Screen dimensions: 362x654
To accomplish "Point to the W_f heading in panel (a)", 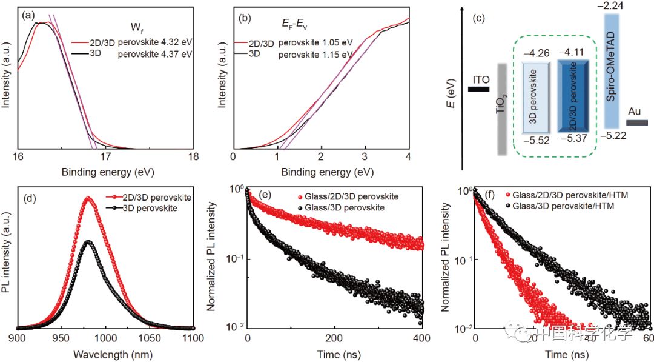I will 136,27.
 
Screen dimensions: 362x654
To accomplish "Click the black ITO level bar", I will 478,90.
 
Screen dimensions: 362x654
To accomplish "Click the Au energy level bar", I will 636,122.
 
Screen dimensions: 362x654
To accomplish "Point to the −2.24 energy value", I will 618,6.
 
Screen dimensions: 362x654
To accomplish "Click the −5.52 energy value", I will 536,141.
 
